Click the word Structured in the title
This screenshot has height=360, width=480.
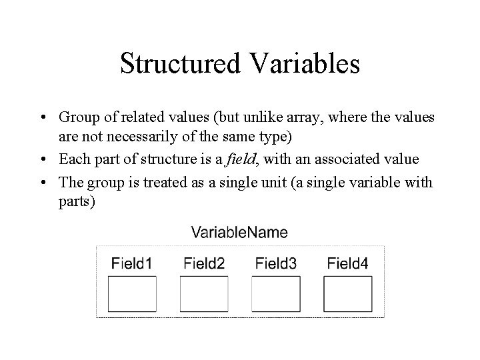(180, 63)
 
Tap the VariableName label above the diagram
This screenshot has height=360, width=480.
(239, 232)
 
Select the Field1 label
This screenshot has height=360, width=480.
(131, 263)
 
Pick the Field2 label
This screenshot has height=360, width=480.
(203, 263)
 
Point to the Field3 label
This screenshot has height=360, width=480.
(275, 263)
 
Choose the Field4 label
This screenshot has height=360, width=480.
(347, 263)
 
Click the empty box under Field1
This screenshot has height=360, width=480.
(132, 294)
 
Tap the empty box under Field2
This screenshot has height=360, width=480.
(204, 294)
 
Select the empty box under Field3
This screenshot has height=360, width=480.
(276, 294)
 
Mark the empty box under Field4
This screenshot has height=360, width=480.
(348, 294)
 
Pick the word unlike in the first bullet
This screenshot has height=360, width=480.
(251, 117)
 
